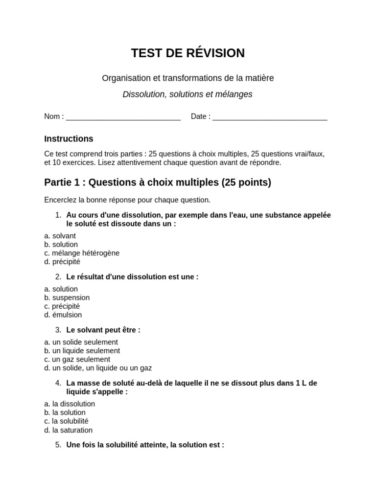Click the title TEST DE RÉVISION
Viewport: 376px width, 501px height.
(188, 53)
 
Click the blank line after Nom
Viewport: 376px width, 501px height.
(123, 117)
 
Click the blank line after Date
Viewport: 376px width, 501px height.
(270, 117)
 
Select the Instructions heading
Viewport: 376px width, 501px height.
(69, 139)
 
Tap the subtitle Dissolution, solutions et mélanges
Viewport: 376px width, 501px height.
(188, 94)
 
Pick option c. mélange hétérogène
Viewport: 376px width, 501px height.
(82, 253)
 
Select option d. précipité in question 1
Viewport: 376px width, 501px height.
(62, 262)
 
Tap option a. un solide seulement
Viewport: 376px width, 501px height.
(81, 342)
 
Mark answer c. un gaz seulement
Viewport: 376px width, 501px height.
(77, 359)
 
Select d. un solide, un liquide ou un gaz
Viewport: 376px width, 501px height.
(98, 368)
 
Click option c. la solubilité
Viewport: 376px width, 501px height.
(66, 421)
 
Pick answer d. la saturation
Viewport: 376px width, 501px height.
(68, 430)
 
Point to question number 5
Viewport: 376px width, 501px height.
(58, 445)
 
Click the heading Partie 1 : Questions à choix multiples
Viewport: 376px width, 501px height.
(157, 182)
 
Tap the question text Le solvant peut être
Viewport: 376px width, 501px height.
(103, 330)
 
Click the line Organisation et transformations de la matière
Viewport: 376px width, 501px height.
(188, 78)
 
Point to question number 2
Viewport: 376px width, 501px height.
(58, 276)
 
